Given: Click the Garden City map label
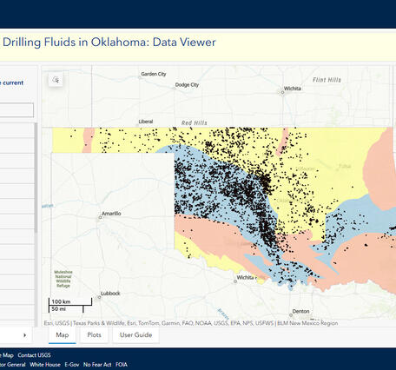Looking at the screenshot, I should coord(153,74).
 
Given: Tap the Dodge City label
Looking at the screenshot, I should coord(186,85).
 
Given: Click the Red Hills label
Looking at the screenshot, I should coord(195,122).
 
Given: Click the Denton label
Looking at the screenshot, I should coord(301,312).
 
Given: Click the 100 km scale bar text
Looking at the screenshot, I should coord(61,301).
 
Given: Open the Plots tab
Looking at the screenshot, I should coord(94,334).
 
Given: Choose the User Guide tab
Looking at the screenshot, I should coord(135,334).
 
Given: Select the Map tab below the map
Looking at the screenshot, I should coord(62,334).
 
